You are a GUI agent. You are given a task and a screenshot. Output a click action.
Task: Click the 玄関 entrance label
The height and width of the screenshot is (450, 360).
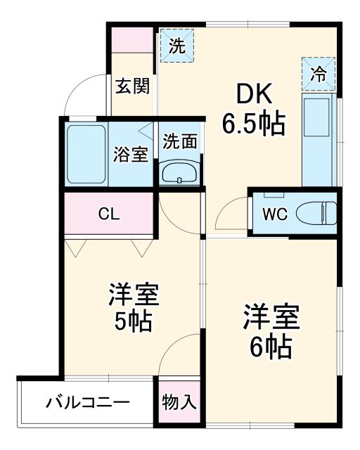coord(132,86)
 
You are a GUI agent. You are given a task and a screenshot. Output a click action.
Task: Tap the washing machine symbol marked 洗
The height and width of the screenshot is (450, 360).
coord(177,47)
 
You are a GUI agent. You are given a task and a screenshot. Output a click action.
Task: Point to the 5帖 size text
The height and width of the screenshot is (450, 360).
coord(134,321)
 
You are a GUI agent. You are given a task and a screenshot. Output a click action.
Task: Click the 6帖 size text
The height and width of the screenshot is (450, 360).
coord(271,346)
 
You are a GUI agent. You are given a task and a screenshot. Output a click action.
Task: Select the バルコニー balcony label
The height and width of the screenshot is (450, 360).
coord(88,404)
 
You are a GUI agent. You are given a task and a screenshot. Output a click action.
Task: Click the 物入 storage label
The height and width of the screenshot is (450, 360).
coord(179,403)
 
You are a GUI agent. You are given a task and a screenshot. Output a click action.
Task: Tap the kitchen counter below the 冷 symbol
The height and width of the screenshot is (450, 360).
coord(319,141)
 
